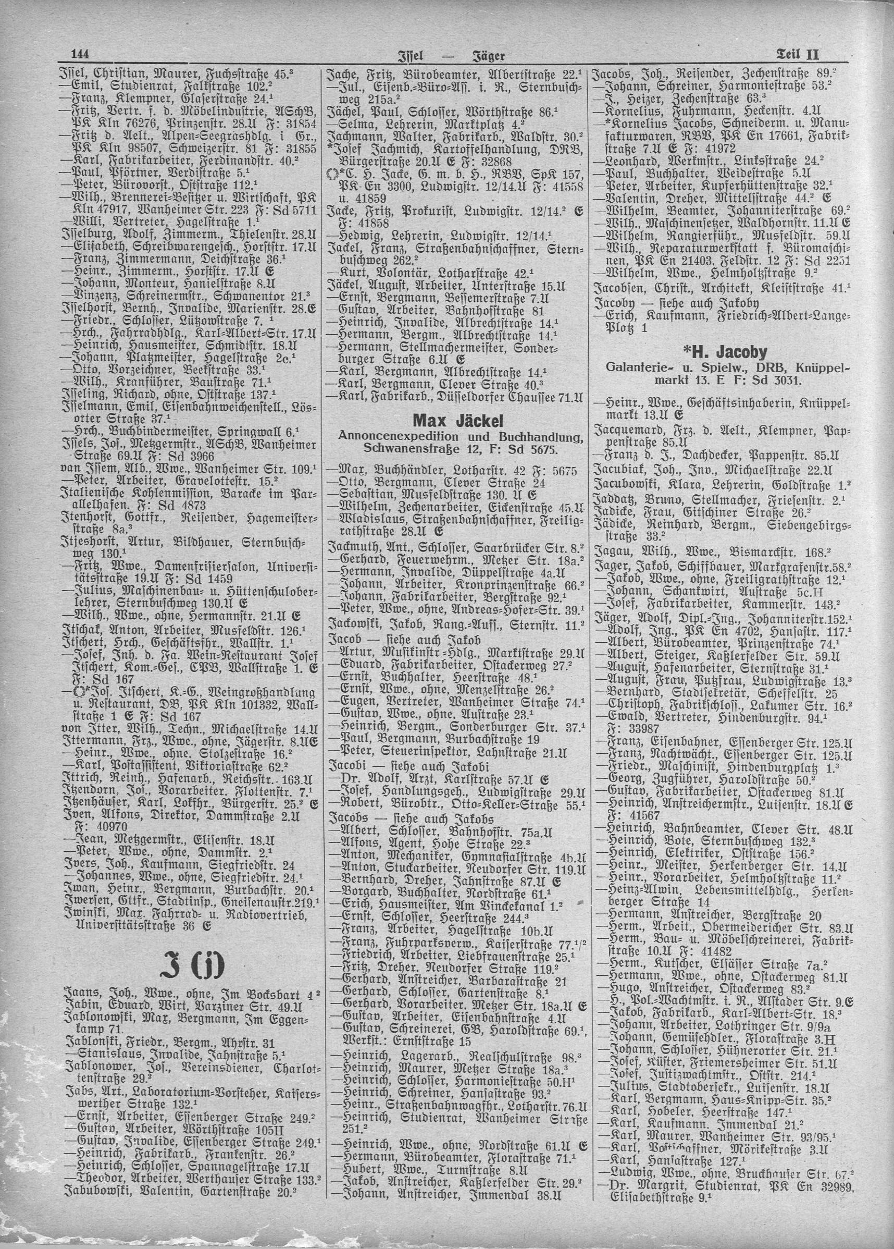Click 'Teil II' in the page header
tap(798, 55)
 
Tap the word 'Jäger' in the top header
tap(488, 55)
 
